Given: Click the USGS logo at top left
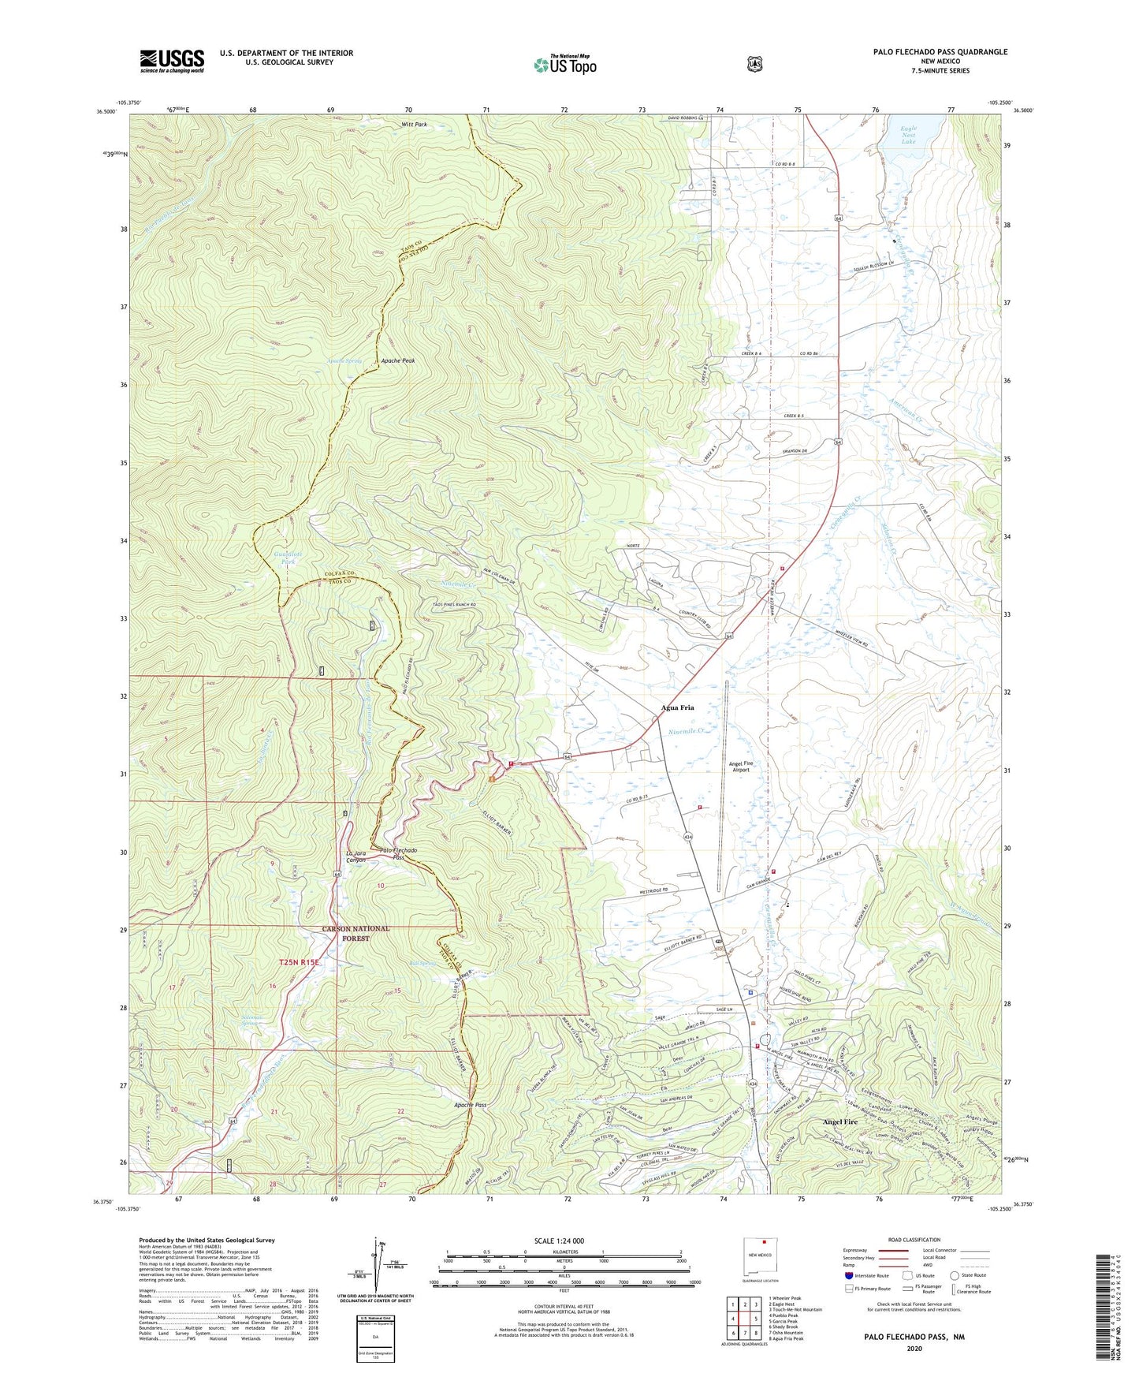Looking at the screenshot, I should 172,61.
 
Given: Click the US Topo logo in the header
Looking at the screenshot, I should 564,64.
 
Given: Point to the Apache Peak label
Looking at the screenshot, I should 397,360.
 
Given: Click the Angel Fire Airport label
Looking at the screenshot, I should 750,765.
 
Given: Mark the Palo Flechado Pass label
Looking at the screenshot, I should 398,853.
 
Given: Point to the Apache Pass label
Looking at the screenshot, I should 470,1105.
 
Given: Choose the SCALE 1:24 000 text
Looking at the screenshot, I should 559,1241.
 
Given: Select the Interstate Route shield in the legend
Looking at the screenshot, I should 848,1274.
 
